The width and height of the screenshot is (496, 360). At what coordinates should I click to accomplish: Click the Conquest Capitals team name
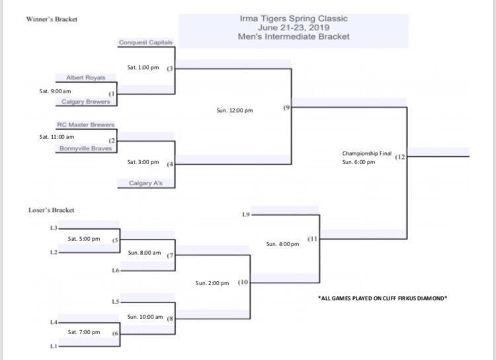(x=145, y=42)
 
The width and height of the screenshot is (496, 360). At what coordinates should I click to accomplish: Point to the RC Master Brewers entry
(x=86, y=124)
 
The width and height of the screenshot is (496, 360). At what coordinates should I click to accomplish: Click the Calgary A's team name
(x=142, y=183)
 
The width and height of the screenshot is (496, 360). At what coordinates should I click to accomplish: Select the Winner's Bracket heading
(x=52, y=19)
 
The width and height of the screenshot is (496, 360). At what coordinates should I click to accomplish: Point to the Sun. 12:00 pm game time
(x=235, y=111)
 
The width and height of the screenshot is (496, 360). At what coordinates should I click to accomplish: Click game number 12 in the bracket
(x=401, y=157)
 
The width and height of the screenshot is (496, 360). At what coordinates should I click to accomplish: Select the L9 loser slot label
(x=246, y=214)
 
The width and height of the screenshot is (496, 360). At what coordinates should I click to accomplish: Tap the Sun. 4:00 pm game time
(x=282, y=244)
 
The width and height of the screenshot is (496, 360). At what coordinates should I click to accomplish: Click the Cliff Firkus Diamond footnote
(x=382, y=298)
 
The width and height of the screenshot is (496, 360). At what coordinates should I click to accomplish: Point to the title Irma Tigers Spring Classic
(x=294, y=19)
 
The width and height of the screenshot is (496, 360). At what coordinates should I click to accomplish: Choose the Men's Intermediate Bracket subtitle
(x=294, y=37)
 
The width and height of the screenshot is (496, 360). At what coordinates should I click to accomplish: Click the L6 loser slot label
(x=116, y=270)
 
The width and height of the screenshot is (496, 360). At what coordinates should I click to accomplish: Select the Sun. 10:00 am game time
(x=145, y=316)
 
